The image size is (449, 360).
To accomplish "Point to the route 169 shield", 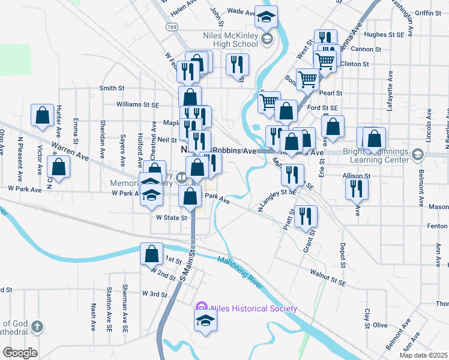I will coord(172,27).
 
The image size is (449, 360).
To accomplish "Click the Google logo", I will coord(20,353).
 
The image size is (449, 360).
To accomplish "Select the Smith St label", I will coord(112,88).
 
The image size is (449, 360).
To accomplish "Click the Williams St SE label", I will coord(138,104).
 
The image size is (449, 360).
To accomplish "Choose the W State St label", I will coord(172,218).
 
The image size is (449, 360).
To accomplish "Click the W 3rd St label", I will coord(154,294).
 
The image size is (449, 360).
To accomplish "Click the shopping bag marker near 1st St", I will coord(152,253).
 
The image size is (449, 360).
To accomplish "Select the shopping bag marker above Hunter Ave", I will coord(42,116).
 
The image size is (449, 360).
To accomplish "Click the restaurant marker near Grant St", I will coord(307,217).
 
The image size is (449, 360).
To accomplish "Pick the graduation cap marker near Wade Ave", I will coord(265,17).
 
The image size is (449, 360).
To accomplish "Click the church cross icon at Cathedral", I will coord(37,327).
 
